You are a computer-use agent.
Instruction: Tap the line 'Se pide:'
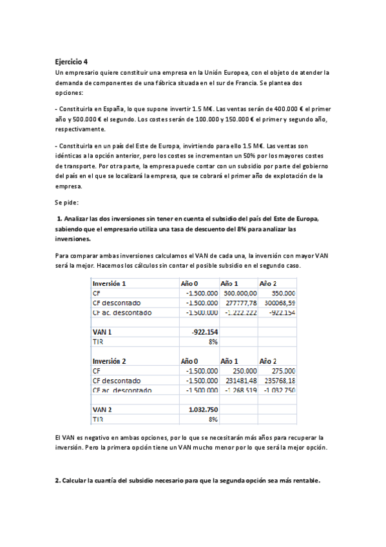pyautogui.click(x=66, y=203)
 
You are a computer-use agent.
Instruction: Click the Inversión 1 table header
pyautogui.click(x=110, y=283)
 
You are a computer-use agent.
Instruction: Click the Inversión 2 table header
pyautogui.click(x=110, y=361)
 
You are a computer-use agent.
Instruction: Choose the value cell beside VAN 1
pyautogui.click(x=204, y=332)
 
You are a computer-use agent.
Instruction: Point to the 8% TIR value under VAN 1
pyautogui.click(x=212, y=341)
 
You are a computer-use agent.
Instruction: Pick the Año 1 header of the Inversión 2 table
pyautogui.click(x=229, y=361)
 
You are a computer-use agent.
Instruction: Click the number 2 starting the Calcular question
pyautogui.click(x=57, y=481)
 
